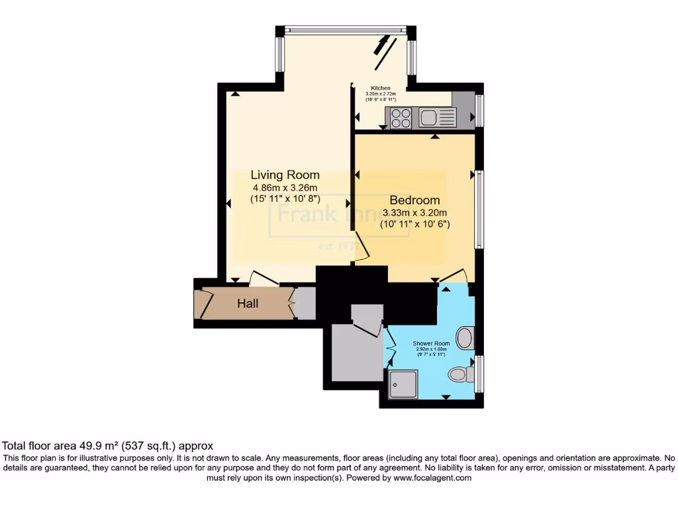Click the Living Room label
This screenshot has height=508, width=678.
(x=285, y=175)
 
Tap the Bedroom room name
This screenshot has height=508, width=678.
(x=414, y=200)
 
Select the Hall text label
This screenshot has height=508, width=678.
(x=248, y=304)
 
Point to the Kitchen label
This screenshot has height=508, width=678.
(x=380, y=88)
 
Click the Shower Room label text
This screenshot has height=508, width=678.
(x=431, y=344)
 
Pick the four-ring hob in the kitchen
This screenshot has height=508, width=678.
(x=400, y=118)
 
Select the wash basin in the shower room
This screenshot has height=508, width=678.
(x=467, y=337)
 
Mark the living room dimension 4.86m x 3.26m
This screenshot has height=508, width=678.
(x=285, y=187)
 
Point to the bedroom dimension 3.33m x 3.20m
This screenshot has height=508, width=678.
(x=415, y=213)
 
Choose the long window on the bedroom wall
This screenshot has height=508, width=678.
(x=477, y=209)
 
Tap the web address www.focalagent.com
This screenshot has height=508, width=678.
(x=432, y=478)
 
